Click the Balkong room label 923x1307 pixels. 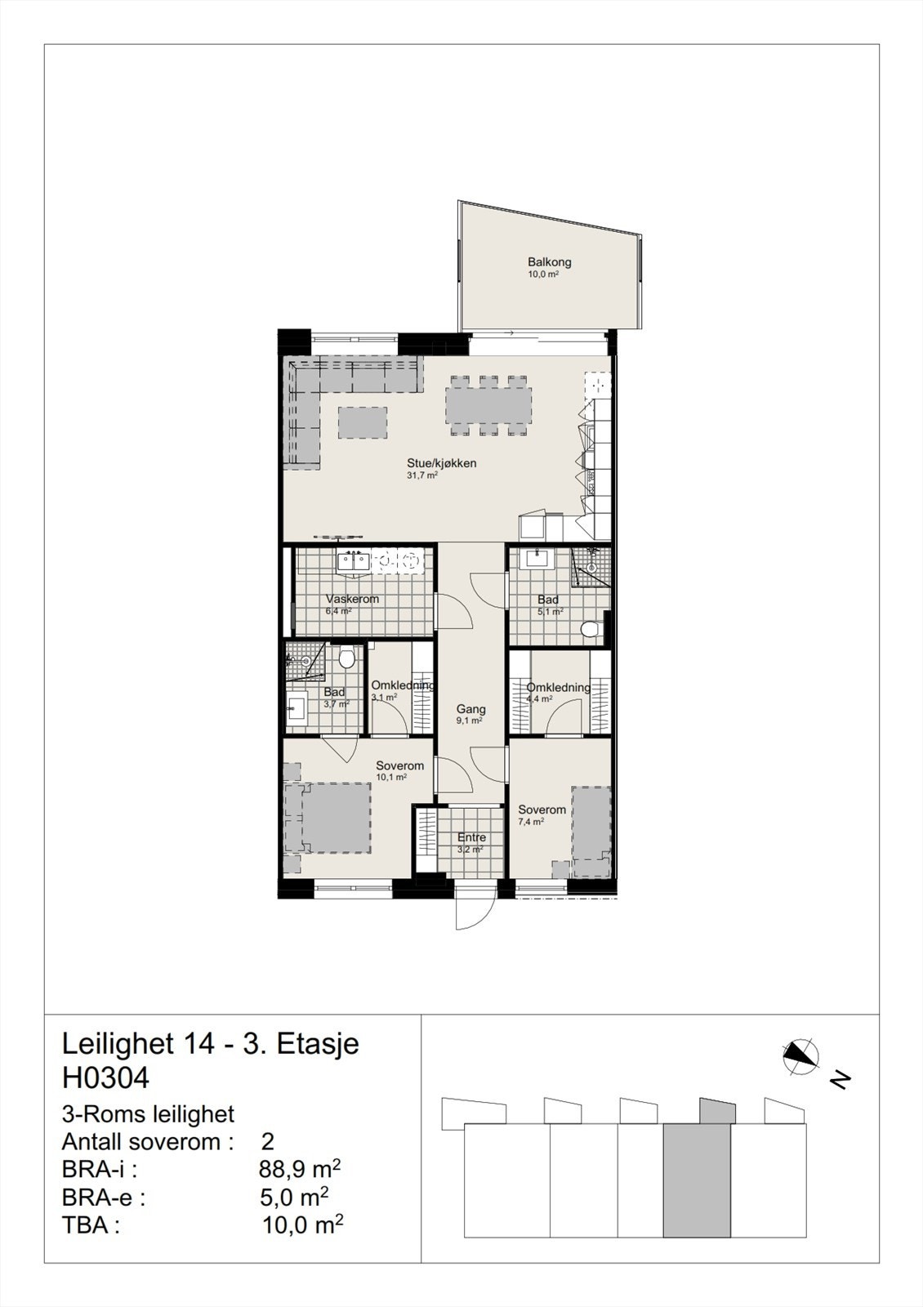pos(549,262)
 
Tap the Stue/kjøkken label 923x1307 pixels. pos(441,463)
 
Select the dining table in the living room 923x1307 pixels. pos(488,406)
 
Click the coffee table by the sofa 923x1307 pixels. pos(363,423)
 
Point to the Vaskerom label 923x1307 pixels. pos(352,599)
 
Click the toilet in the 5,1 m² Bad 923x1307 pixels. pos(591,630)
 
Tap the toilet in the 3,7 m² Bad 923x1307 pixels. pos(346,657)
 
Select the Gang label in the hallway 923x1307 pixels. pos(470,709)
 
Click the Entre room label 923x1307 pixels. pos(471,837)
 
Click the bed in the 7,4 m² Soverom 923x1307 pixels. pos(591,822)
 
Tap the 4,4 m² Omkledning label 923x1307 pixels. pos(558,687)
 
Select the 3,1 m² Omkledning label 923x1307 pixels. pos(402,685)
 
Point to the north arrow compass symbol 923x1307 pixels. pos(800,1056)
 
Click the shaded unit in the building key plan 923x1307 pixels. pos(696,1180)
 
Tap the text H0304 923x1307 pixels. pos(105,1078)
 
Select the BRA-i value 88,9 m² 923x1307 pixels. pos(299,1170)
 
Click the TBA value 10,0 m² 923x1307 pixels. pos(301,1225)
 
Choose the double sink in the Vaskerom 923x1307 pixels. pos(354,560)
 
